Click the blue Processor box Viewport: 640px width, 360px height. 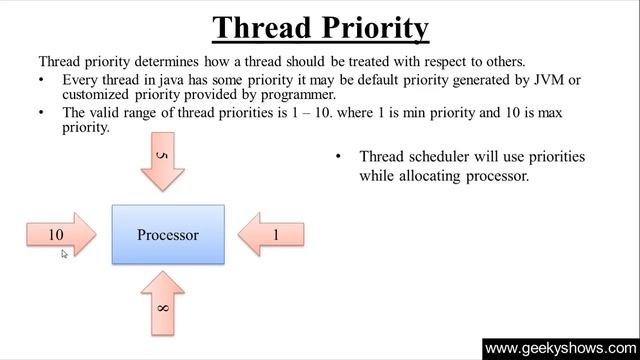coord(168,235)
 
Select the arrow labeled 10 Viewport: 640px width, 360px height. coord(60,235)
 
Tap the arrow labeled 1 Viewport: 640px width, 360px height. coord(272,235)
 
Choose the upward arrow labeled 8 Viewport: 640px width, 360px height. coord(163,306)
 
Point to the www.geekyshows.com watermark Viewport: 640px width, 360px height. coord(560,349)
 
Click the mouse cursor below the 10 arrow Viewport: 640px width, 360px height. coord(64,254)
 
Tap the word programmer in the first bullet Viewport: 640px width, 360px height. coord(297,94)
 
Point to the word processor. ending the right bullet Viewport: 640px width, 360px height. coord(493,175)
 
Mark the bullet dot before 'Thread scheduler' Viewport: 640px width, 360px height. coord(338,157)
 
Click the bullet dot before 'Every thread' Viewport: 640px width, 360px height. coord(42,79)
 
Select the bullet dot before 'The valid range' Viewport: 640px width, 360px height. coord(42,113)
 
